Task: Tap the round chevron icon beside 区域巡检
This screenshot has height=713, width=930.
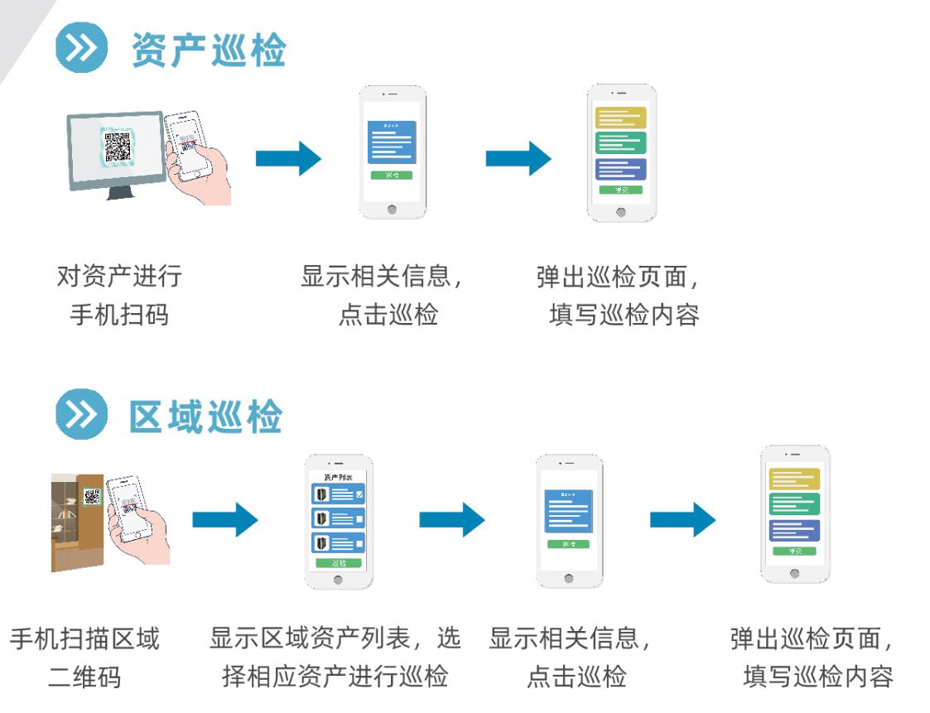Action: pos(82,415)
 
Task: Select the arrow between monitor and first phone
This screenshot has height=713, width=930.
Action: pos(287,158)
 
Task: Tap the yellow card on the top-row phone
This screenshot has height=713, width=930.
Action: pos(620,118)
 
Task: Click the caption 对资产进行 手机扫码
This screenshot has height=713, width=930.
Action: pos(118,295)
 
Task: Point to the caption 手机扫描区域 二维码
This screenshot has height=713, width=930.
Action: pos(84,658)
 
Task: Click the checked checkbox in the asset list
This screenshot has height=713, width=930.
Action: pos(359,495)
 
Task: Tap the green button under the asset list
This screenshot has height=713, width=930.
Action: pos(337,563)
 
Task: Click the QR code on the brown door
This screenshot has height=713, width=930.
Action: pos(92,498)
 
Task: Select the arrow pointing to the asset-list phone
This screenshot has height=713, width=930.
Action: pos(224,520)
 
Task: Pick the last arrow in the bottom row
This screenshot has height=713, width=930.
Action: pos(682,520)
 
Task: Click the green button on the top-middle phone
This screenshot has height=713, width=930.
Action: pos(392,176)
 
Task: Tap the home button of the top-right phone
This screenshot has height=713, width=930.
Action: pos(621,212)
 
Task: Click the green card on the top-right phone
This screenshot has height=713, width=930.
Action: pos(620,143)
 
